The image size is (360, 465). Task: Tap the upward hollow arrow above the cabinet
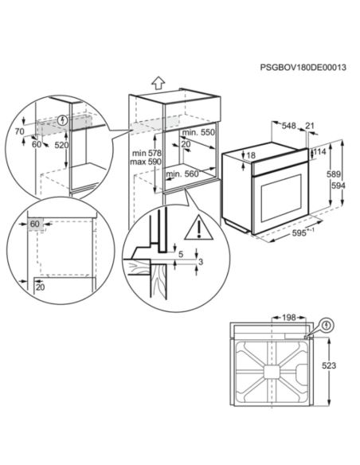click(158, 82)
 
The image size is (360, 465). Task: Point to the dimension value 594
click(337, 185)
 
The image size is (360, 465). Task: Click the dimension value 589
click(337, 174)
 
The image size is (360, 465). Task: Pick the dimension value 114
click(320, 151)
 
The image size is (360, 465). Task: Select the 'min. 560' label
click(197, 173)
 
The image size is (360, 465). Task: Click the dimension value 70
click(19, 129)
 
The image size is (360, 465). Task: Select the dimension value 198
click(288, 318)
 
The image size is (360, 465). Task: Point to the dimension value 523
click(330, 366)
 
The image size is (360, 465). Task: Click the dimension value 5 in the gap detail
click(181, 255)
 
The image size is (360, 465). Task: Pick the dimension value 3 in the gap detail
click(201, 261)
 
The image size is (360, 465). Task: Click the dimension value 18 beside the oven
click(252, 155)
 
